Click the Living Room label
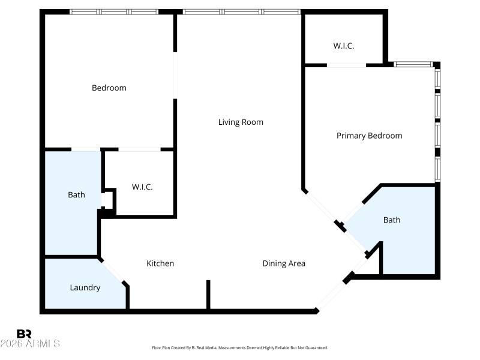[x=241, y=122]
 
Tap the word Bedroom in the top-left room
[x=109, y=88]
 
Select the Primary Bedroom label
[x=369, y=136]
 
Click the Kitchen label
[x=160, y=263]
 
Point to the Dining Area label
[x=284, y=263]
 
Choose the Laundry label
[x=85, y=288]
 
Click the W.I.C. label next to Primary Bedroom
[x=344, y=46]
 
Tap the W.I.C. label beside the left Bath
[x=142, y=187]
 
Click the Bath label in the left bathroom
[x=76, y=195]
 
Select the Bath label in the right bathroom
[x=391, y=220]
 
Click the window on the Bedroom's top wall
[x=114, y=11]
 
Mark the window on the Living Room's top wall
[x=241, y=11]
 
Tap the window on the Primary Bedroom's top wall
[x=413, y=64]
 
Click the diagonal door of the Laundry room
[x=114, y=272]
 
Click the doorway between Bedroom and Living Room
[x=175, y=76]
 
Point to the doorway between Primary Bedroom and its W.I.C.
[x=346, y=65]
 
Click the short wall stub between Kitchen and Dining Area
[x=208, y=295]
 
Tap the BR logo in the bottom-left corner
[x=24, y=334]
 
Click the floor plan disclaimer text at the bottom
[x=240, y=348]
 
